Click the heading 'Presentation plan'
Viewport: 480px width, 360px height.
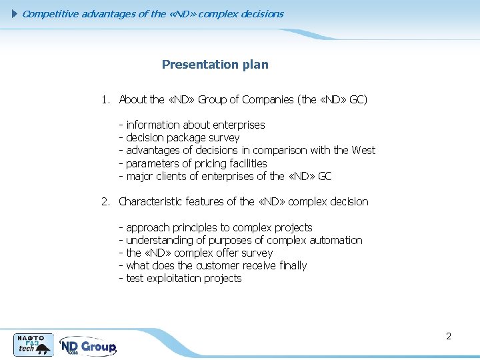pos(215,65)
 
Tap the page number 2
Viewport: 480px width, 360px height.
pos(449,336)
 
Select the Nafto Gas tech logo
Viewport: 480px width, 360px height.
pos(34,344)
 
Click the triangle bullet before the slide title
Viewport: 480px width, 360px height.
pos(16,13)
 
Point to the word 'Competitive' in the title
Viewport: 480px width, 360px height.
pos(51,13)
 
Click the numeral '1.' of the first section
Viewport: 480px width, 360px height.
pos(105,100)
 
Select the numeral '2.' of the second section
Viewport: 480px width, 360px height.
pos(105,202)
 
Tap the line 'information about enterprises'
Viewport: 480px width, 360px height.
pos(195,125)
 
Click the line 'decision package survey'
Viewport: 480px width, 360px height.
pos(183,138)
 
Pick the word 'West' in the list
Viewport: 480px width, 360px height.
pos(363,151)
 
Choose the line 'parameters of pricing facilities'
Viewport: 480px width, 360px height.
pos(196,163)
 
